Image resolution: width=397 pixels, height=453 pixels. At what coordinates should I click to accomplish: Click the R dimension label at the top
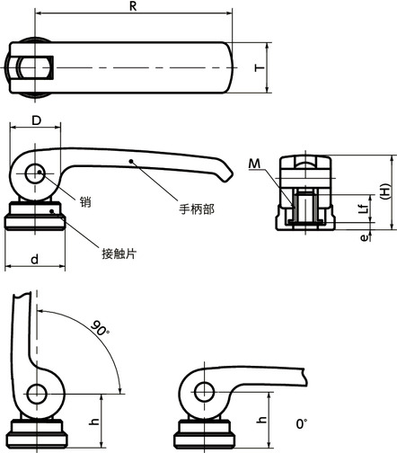133,5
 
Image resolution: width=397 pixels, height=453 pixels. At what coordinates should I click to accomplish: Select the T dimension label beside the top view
259,67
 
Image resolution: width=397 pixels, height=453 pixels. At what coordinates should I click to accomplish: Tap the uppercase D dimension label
36,119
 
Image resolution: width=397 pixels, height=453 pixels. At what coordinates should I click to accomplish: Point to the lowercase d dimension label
34,259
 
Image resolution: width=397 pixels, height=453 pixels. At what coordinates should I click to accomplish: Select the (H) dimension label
384,192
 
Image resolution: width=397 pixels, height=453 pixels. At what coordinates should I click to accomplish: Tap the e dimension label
363,237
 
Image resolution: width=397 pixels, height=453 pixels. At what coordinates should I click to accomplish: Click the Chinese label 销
85,202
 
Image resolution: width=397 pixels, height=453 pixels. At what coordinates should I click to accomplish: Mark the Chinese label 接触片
118,253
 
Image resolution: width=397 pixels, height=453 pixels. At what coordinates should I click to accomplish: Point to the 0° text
300,422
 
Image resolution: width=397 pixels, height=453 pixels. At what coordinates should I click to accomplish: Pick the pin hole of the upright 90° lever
37,394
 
